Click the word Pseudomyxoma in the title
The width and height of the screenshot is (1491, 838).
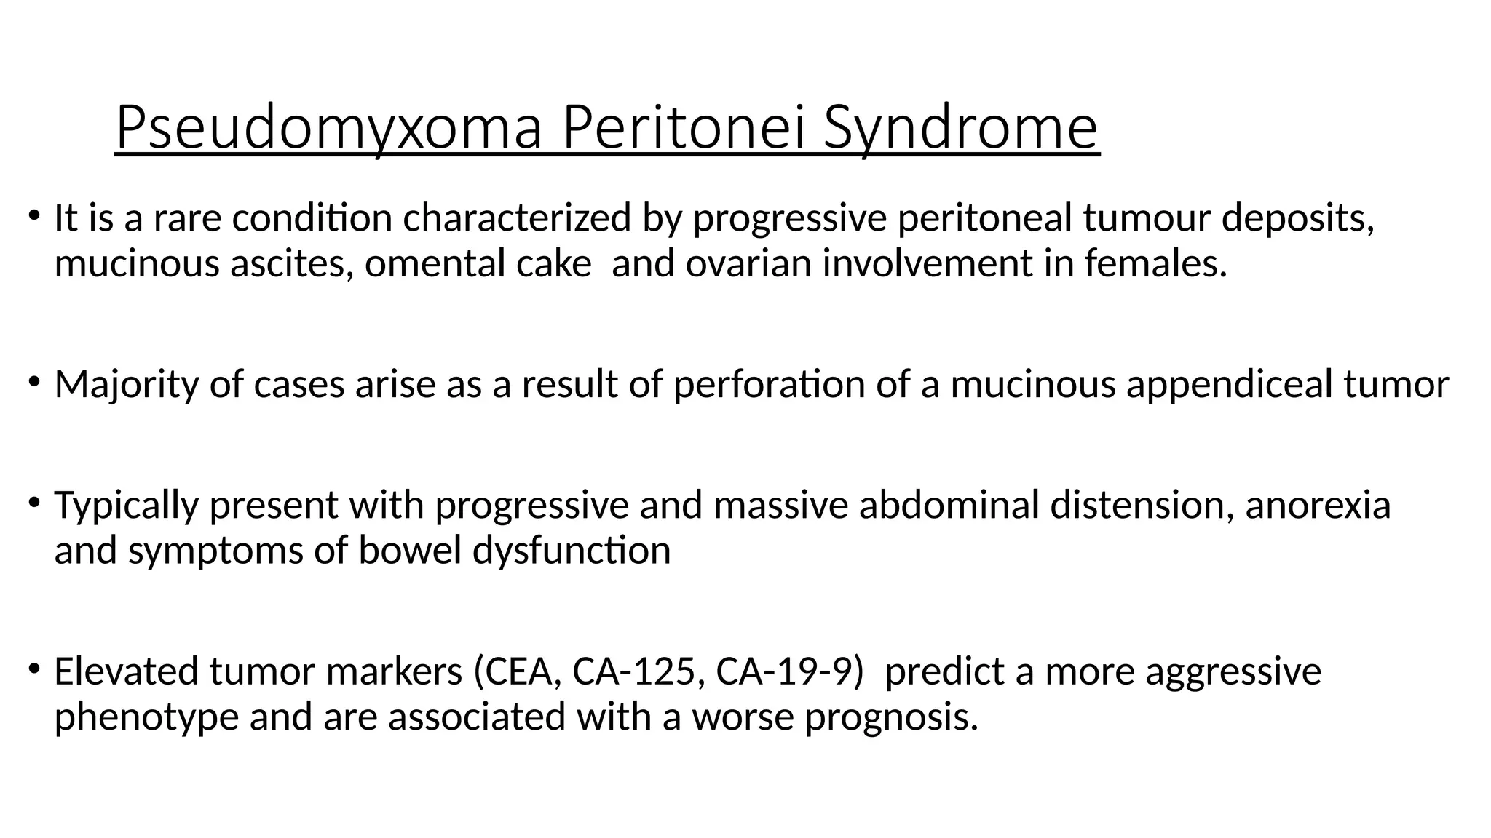328,128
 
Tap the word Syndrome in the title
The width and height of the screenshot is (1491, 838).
961,128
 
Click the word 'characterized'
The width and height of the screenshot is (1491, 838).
517,218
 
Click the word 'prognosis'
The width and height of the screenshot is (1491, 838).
891,717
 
